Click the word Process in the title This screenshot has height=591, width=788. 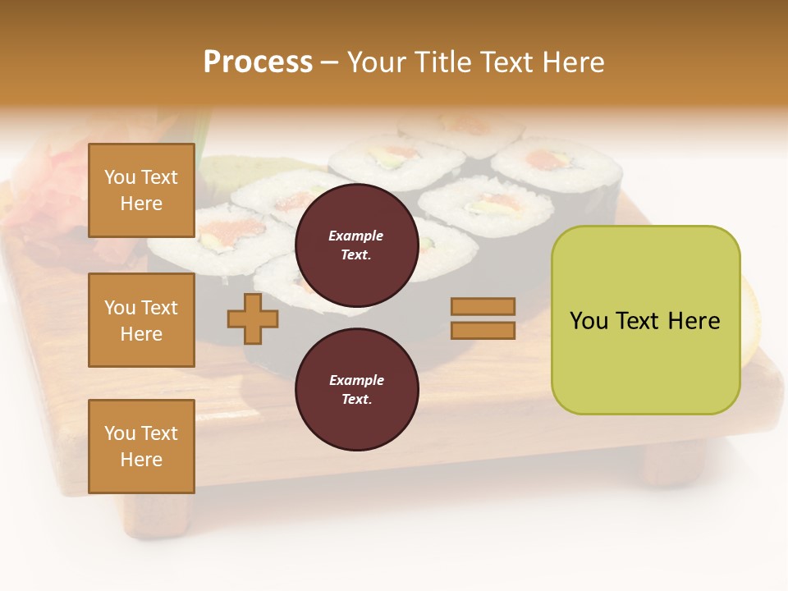coord(258,62)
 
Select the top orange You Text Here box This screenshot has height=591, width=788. coord(141,190)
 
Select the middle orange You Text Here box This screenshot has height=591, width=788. coord(141,320)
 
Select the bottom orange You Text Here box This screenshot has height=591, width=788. coord(141,447)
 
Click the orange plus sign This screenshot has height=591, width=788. coord(253,319)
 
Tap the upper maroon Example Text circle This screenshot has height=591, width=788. coord(356,245)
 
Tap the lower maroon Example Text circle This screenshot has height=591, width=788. coord(356,389)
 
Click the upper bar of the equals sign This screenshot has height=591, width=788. coord(483,306)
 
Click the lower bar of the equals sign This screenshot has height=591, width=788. coord(483,331)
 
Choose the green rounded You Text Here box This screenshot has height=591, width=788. coord(645,320)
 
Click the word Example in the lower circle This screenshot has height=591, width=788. coord(356,380)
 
